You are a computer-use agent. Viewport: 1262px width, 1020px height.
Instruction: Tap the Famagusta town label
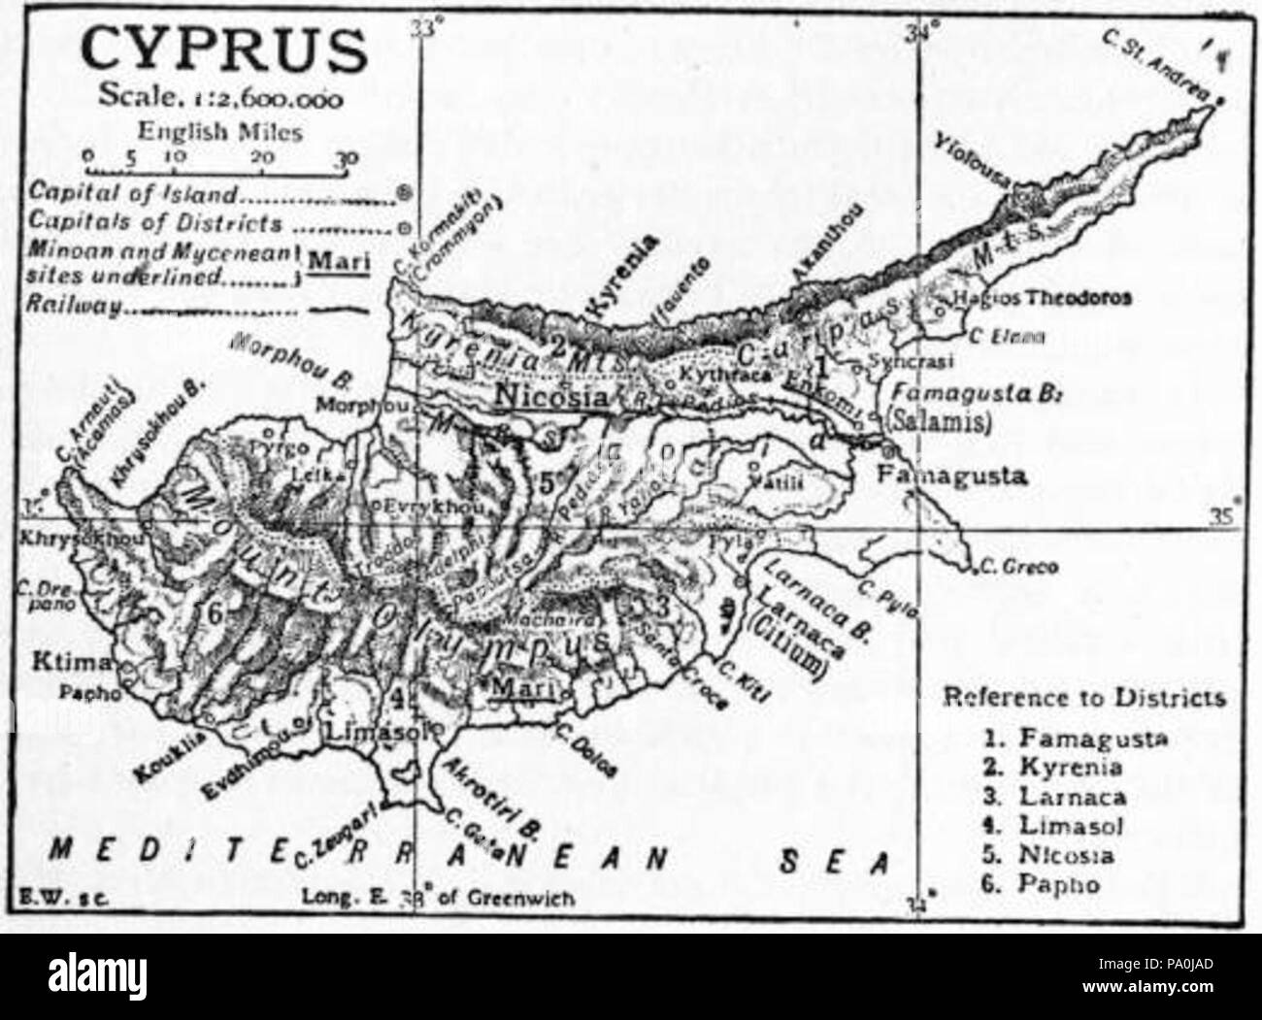(x=951, y=477)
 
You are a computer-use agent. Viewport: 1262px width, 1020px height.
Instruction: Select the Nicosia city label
(x=551, y=395)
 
